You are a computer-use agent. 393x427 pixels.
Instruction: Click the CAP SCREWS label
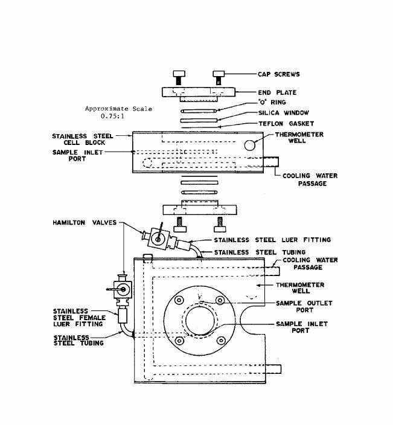click(x=279, y=74)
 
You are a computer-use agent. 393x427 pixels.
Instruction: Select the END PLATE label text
click(x=277, y=92)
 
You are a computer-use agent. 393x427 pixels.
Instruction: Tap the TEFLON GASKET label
click(x=286, y=124)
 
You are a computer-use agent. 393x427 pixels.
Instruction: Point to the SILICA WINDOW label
click(x=283, y=113)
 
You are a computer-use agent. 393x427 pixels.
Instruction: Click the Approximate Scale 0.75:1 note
click(x=118, y=112)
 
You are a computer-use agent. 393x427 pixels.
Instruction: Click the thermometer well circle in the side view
click(x=249, y=145)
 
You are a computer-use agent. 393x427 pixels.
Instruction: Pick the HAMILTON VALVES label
click(x=85, y=222)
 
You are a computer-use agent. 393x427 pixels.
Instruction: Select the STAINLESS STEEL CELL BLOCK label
click(x=83, y=139)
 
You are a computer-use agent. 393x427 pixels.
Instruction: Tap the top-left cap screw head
click(x=179, y=74)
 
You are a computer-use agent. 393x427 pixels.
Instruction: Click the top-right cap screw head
click(x=219, y=74)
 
